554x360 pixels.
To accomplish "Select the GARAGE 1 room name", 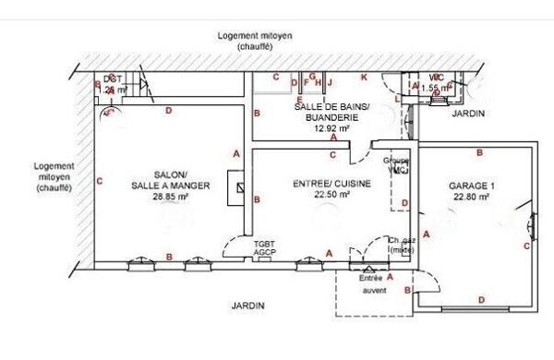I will [472, 186].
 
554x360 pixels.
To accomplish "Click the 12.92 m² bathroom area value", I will [331, 129].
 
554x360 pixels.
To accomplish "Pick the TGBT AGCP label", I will [265, 247].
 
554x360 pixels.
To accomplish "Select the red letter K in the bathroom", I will [364, 77].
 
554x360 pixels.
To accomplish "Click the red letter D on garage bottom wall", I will [480, 298].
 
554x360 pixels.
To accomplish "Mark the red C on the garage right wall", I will [526, 246].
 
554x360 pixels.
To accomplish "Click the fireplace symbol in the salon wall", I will [241, 188].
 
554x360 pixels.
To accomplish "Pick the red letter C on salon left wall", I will [98, 181].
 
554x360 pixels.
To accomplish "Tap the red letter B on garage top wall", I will [478, 152].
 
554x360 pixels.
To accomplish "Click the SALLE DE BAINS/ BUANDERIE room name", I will [331, 113].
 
